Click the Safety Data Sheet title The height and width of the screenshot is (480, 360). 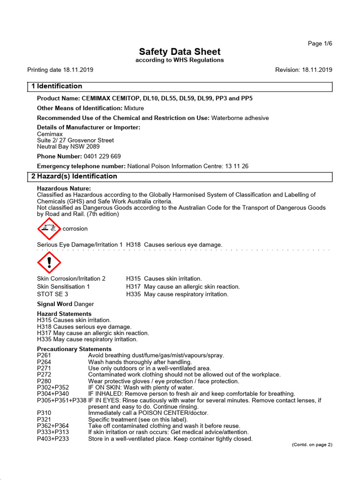point(180,52)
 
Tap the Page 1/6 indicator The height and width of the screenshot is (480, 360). point(320,44)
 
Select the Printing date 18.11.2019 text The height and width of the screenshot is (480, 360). point(60,70)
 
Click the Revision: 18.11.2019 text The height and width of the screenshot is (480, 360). point(303,70)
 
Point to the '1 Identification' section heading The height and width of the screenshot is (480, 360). point(56,86)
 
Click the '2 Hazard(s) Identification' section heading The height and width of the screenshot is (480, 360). point(74,176)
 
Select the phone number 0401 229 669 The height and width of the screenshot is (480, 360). point(102,156)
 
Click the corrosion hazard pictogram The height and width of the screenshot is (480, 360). point(49,229)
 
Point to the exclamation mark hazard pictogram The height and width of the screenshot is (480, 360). point(49,262)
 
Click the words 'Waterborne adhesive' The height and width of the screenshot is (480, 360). point(240,118)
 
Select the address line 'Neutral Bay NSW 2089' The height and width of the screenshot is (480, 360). point(68,146)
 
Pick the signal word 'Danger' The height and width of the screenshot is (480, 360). point(84,304)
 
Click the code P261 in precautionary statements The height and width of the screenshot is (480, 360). point(44,355)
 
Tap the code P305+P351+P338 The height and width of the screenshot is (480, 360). point(61,400)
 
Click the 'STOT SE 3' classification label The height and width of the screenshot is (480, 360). point(52,294)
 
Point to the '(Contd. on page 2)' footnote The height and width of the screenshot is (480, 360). point(312,444)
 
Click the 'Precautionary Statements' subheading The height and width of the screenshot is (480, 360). point(74,349)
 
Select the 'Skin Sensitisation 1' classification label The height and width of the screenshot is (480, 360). point(63,286)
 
